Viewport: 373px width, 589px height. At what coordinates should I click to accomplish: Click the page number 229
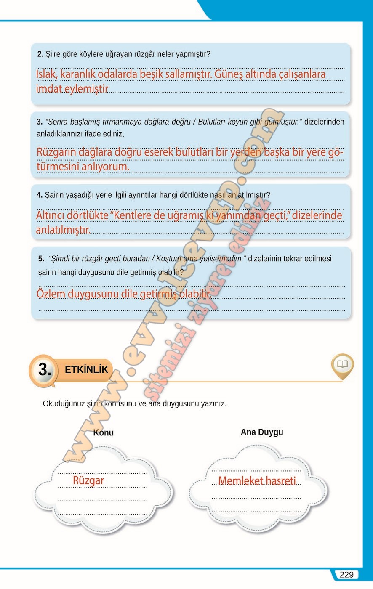click(x=346, y=575)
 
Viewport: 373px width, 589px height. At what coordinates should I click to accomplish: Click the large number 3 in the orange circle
click(x=45, y=370)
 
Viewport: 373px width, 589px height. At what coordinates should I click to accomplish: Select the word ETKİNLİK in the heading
click(x=86, y=370)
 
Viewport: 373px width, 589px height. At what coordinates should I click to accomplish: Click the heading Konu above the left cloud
click(x=103, y=432)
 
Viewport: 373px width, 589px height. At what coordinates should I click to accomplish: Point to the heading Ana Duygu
click(x=262, y=432)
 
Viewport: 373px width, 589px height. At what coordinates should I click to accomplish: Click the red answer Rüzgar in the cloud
click(x=88, y=480)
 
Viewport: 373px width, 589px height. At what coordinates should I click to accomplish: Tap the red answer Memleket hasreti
click(x=257, y=481)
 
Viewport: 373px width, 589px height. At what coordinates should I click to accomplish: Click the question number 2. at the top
click(x=40, y=54)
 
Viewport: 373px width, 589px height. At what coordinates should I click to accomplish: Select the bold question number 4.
click(x=40, y=195)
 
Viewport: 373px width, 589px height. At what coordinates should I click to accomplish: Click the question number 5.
click(x=41, y=259)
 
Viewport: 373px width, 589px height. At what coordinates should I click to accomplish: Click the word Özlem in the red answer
click(x=51, y=293)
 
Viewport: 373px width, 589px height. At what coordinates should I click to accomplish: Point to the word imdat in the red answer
click(x=49, y=89)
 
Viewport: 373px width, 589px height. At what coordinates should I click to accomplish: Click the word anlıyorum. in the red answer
click(x=105, y=167)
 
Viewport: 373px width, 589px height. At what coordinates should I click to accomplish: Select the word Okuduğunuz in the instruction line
click(x=64, y=403)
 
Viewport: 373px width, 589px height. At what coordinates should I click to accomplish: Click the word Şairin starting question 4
click(x=55, y=195)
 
